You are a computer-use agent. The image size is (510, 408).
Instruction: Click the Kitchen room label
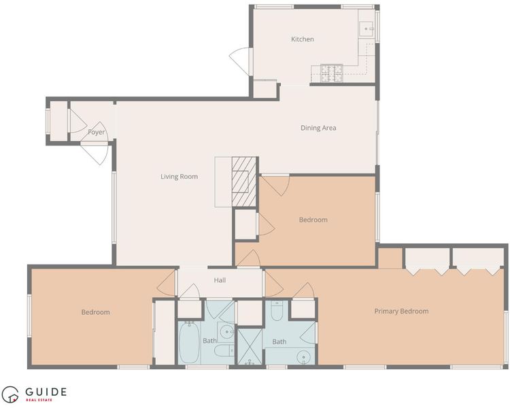(x=303, y=39)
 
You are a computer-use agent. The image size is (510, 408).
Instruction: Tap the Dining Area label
(x=318, y=128)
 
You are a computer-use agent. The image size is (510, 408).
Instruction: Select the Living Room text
(x=180, y=177)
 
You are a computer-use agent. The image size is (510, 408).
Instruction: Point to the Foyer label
(x=97, y=132)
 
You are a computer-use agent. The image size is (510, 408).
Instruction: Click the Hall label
(x=220, y=280)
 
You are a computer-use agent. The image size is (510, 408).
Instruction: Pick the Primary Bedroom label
(x=401, y=311)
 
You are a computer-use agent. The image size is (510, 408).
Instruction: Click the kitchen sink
(x=367, y=29)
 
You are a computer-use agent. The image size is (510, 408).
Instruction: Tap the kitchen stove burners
(x=332, y=73)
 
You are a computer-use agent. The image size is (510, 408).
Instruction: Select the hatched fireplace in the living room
(x=244, y=182)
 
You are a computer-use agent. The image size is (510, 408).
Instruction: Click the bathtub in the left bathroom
(x=189, y=343)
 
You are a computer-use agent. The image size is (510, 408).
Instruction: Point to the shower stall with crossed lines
(x=250, y=347)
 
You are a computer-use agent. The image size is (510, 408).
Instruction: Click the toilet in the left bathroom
(x=224, y=351)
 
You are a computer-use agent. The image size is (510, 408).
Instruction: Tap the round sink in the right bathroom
(x=304, y=357)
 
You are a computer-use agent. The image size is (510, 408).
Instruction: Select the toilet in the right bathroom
(x=277, y=311)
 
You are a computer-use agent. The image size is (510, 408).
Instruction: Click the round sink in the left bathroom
(x=226, y=332)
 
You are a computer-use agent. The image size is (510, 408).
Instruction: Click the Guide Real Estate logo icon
(x=10, y=394)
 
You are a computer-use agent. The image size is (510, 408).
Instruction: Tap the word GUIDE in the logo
(x=46, y=392)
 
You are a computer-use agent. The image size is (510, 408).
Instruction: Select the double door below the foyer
(x=94, y=153)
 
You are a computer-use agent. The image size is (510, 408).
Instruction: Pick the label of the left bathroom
(x=209, y=341)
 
